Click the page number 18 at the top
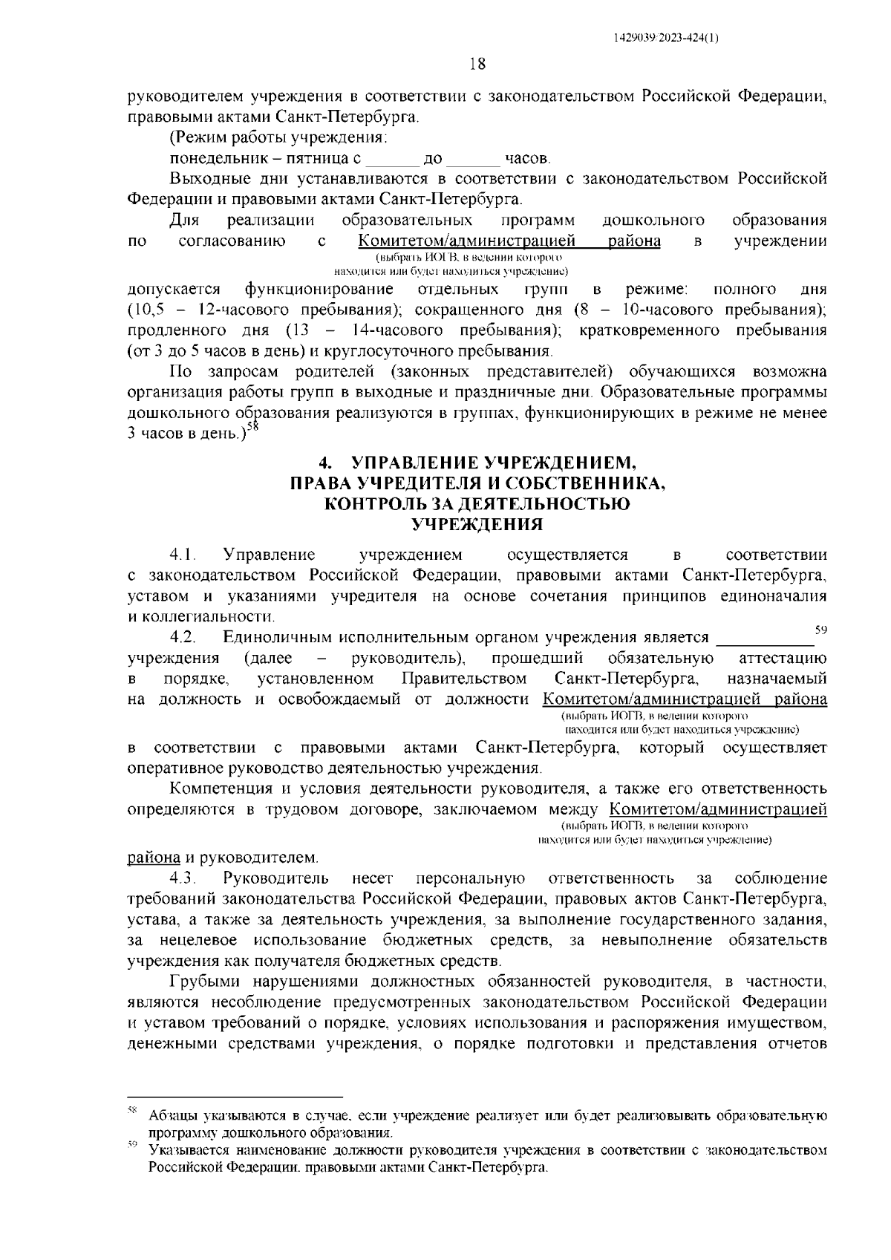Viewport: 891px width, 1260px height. [477, 64]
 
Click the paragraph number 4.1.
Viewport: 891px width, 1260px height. [182, 555]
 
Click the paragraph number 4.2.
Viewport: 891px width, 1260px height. [182, 638]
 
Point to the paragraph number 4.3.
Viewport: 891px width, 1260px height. [182, 878]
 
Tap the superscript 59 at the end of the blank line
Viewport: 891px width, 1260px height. [820, 630]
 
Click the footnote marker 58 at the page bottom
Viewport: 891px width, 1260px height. [133, 1112]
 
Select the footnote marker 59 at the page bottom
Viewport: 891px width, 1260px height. [133, 1147]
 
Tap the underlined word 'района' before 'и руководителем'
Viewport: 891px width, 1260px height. [154, 858]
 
